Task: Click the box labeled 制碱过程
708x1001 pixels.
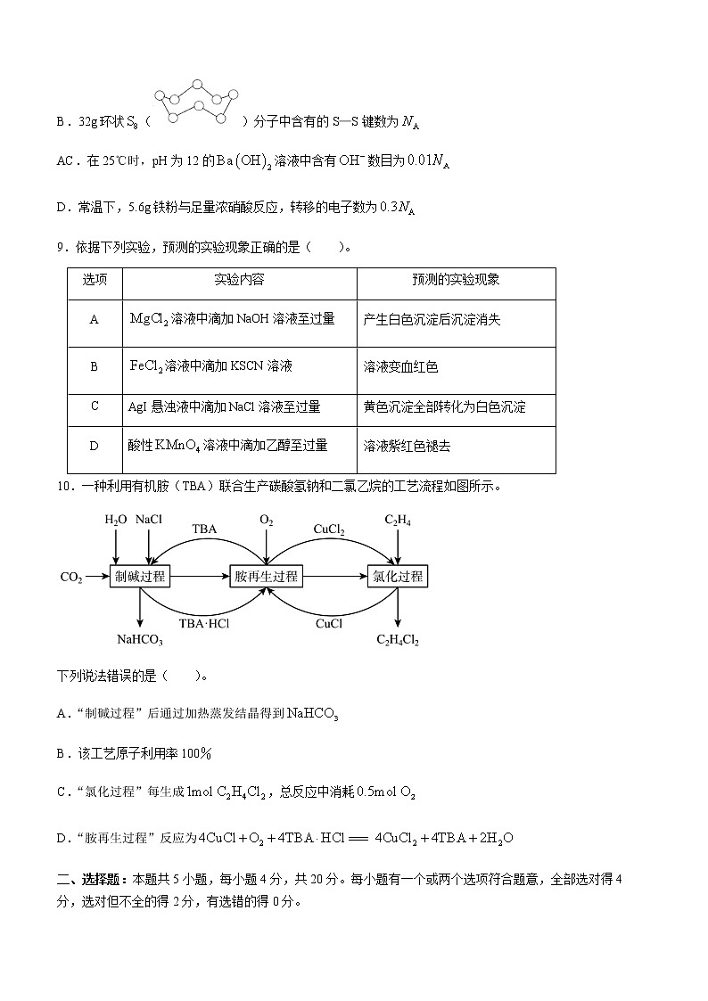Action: pyautogui.click(x=140, y=577)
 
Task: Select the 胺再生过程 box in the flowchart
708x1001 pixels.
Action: pyautogui.click(x=266, y=577)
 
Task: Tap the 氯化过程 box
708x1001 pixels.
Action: pyautogui.click(x=398, y=577)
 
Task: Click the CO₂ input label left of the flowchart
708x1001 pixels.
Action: pyautogui.click(x=71, y=578)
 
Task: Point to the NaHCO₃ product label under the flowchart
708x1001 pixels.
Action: pyautogui.click(x=140, y=639)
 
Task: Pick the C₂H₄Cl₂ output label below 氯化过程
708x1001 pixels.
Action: pyautogui.click(x=398, y=639)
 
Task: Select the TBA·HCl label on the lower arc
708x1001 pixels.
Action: pyautogui.click(x=204, y=624)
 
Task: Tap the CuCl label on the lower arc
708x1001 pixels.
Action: pyautogui.click(x=329, y=624)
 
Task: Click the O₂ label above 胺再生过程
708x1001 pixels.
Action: pyautogui.click(x=266, y=520)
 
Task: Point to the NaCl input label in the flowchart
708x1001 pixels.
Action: pyautogui.click(x=149, y=520)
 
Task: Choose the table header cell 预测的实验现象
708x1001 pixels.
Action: pyautogui.click(x=456, y=280)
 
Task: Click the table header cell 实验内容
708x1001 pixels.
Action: pyautogui.click(x=239, y=280)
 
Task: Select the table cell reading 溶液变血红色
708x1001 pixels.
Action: pyautogui.click(x=400, y=366)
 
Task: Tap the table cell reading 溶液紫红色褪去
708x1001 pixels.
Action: pyautogui.click(x=407, y=446)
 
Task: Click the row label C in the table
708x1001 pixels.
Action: pyautogui.click(x=95, y=406)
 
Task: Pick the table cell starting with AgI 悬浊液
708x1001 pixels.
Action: pyautogui.click(x=224, y=407)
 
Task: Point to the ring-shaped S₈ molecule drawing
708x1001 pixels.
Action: pyautogui.click(x=198, y=104)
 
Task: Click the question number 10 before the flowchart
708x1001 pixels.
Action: pyautogui.click(x=63, y=486)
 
